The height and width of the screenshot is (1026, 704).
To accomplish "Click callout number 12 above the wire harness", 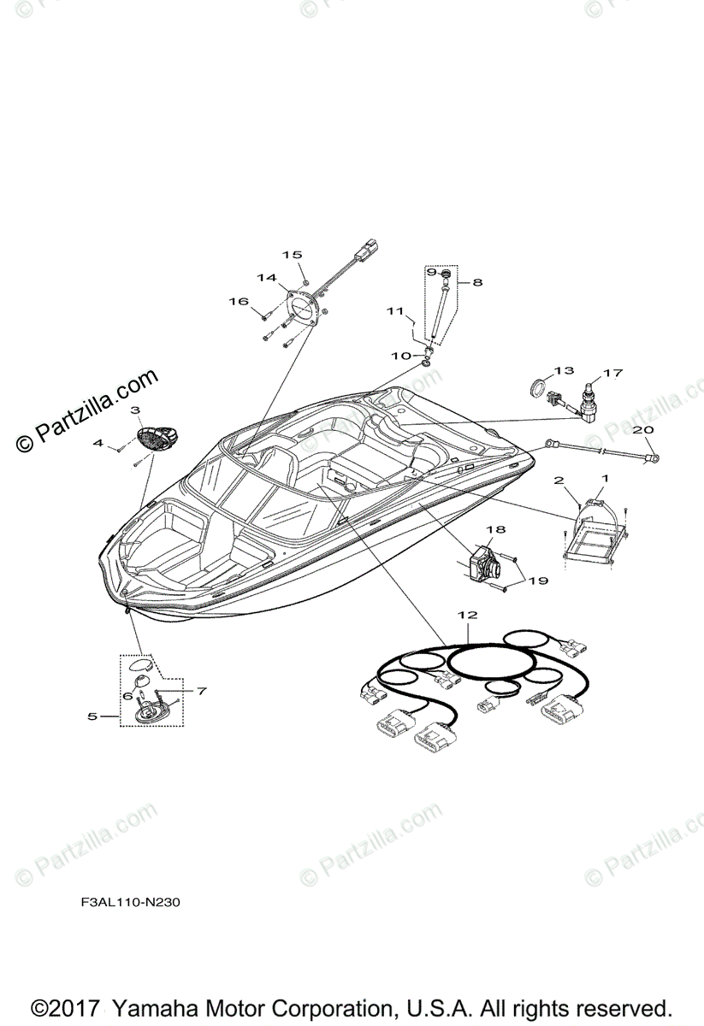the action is (x=467, y=615).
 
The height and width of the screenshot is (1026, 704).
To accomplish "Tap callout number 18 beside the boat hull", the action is (x=497, y=531).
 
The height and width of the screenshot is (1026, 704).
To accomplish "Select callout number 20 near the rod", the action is (x=643, y=429).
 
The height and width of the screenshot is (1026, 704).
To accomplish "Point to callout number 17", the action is (x=612, y=373).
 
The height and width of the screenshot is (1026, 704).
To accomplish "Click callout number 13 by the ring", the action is (x=562, y=370).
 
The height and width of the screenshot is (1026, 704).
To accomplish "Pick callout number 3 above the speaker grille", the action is (x=135, y=410).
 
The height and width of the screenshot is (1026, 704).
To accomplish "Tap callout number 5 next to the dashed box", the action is (x=92, y=716).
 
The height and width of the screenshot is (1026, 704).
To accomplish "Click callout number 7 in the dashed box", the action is (x=202, y=689).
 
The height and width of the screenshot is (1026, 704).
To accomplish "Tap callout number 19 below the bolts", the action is (x=538, y=581).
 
